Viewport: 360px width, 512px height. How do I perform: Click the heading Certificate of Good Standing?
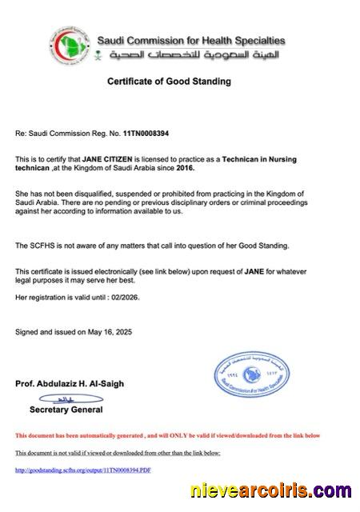coord(169,81)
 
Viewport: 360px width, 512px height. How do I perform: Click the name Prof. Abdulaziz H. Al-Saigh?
coord(70,383)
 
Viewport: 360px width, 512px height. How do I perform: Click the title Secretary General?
coord(66,410)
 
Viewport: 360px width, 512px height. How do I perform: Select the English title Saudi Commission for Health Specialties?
coord(190,39)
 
